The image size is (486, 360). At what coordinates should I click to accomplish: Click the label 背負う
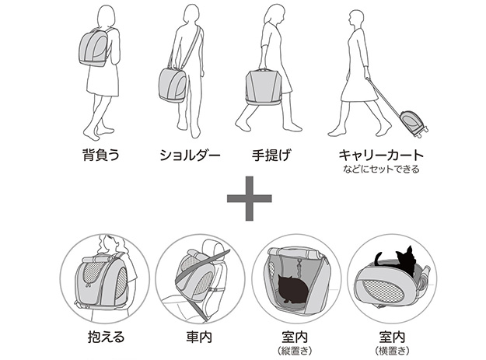click(x=101, y=155)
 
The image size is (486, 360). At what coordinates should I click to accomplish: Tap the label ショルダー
click(x=190, y=156)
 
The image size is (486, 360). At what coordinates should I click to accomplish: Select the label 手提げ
click(x=272, y=155)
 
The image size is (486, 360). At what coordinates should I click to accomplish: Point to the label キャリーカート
click(x=381, y=155)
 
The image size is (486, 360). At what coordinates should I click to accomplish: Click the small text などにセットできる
click(x=381, y=170)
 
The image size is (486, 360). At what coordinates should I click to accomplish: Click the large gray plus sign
click(x=249, y=198)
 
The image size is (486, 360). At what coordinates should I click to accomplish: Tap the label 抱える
click(x=106, y=337)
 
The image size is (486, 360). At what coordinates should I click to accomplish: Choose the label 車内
click(x=199, y=337)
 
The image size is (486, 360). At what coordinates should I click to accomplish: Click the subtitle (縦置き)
click(x=295, y=351)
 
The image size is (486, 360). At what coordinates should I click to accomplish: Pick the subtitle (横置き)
click(x=392, y=351)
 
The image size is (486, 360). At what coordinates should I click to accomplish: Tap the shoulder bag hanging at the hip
click(x=173, y=86)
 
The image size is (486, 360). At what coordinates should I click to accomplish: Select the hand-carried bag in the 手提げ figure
click(x=263, y=87)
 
